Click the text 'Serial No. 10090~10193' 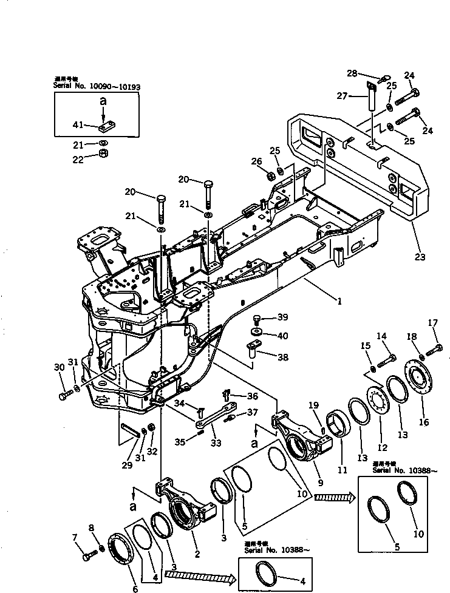[97, 87]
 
